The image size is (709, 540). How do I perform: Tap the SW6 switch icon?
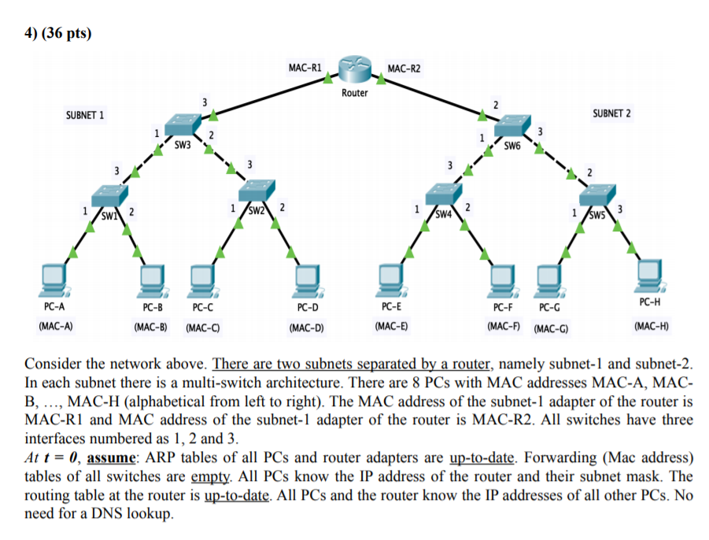[513, 127]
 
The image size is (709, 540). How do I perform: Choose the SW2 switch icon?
[256, 191]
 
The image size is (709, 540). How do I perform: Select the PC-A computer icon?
[55, 278]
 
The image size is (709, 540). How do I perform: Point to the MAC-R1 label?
[303, 68]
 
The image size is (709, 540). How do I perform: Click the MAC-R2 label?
[404, 69]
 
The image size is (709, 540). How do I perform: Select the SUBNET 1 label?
[86, 116]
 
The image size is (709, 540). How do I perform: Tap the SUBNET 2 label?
[611, 113]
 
